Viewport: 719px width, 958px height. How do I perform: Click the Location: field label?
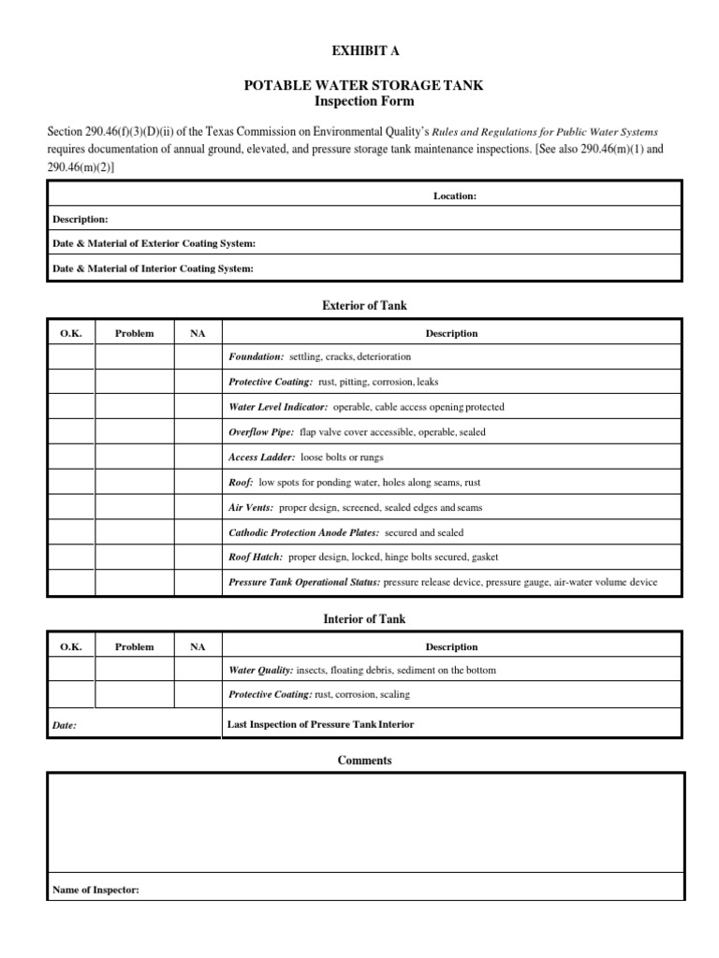(455, 196)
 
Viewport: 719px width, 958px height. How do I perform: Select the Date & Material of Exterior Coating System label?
(153, 243)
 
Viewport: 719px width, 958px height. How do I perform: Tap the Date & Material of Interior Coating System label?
(152, 269)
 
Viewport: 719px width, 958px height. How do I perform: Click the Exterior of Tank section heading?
(364, 306)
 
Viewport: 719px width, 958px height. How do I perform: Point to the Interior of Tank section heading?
(364, 619)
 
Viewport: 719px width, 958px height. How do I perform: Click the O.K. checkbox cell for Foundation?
(71, 357)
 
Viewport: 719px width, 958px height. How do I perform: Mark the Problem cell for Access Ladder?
(134, 457)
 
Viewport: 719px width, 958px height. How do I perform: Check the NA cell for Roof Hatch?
(198, 557)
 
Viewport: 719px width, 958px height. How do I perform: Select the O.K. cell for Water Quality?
(71, 670)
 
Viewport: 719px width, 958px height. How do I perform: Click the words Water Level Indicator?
(278, 407)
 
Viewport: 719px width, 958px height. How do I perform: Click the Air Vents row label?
(251, 507)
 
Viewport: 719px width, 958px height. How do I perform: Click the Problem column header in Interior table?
(134, 646)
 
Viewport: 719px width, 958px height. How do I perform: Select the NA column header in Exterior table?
(198, 333)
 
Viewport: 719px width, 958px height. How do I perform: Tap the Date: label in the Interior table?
(65, 725)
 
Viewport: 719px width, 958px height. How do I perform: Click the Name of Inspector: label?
(95, 890)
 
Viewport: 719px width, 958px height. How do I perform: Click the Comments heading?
(364, 761)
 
